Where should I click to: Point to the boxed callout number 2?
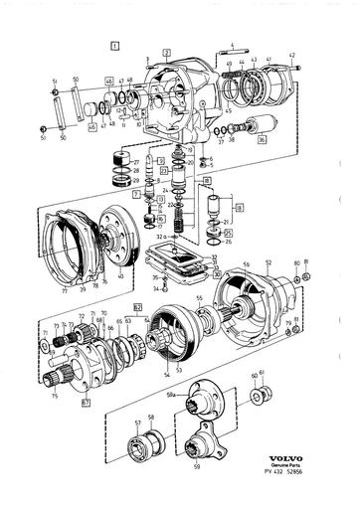(x=167, y=50)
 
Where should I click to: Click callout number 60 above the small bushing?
(x=253, y=376)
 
